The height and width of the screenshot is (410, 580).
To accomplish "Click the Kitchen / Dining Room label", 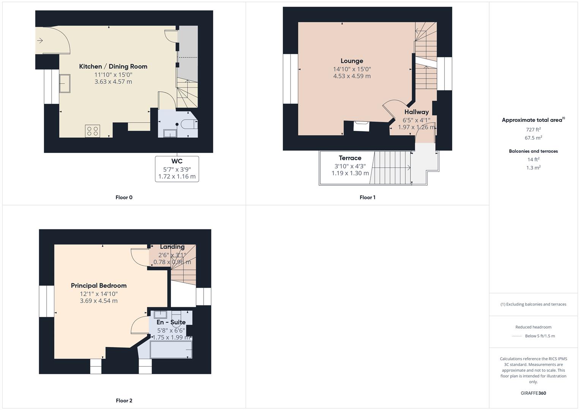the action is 113,66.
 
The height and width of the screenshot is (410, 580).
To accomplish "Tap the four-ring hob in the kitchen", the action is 92,131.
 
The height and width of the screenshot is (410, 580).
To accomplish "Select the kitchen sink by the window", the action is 65,84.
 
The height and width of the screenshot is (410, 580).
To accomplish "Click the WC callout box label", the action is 177,161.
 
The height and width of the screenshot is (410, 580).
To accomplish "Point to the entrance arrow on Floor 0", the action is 40,40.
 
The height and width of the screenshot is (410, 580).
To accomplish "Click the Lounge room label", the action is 352,61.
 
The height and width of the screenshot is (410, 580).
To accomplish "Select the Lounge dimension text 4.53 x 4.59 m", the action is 352,76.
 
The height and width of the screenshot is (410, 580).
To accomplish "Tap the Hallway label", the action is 417,112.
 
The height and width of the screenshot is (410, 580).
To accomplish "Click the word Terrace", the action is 350,158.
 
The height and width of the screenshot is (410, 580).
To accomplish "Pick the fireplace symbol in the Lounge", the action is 361,126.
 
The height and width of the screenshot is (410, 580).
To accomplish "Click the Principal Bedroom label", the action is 99,285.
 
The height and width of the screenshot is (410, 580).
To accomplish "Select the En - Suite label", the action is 171,322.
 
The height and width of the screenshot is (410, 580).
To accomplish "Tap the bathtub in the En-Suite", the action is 171,350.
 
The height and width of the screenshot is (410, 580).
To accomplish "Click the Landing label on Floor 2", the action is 172,247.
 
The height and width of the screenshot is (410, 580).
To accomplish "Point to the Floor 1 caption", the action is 367,197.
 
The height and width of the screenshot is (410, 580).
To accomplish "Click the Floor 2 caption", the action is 124,401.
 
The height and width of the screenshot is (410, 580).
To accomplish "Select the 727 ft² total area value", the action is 533,129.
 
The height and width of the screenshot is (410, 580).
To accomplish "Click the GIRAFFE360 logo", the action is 533,393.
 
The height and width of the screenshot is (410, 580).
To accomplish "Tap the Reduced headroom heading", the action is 533,327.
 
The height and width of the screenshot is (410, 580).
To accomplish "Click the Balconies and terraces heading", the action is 533,151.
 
